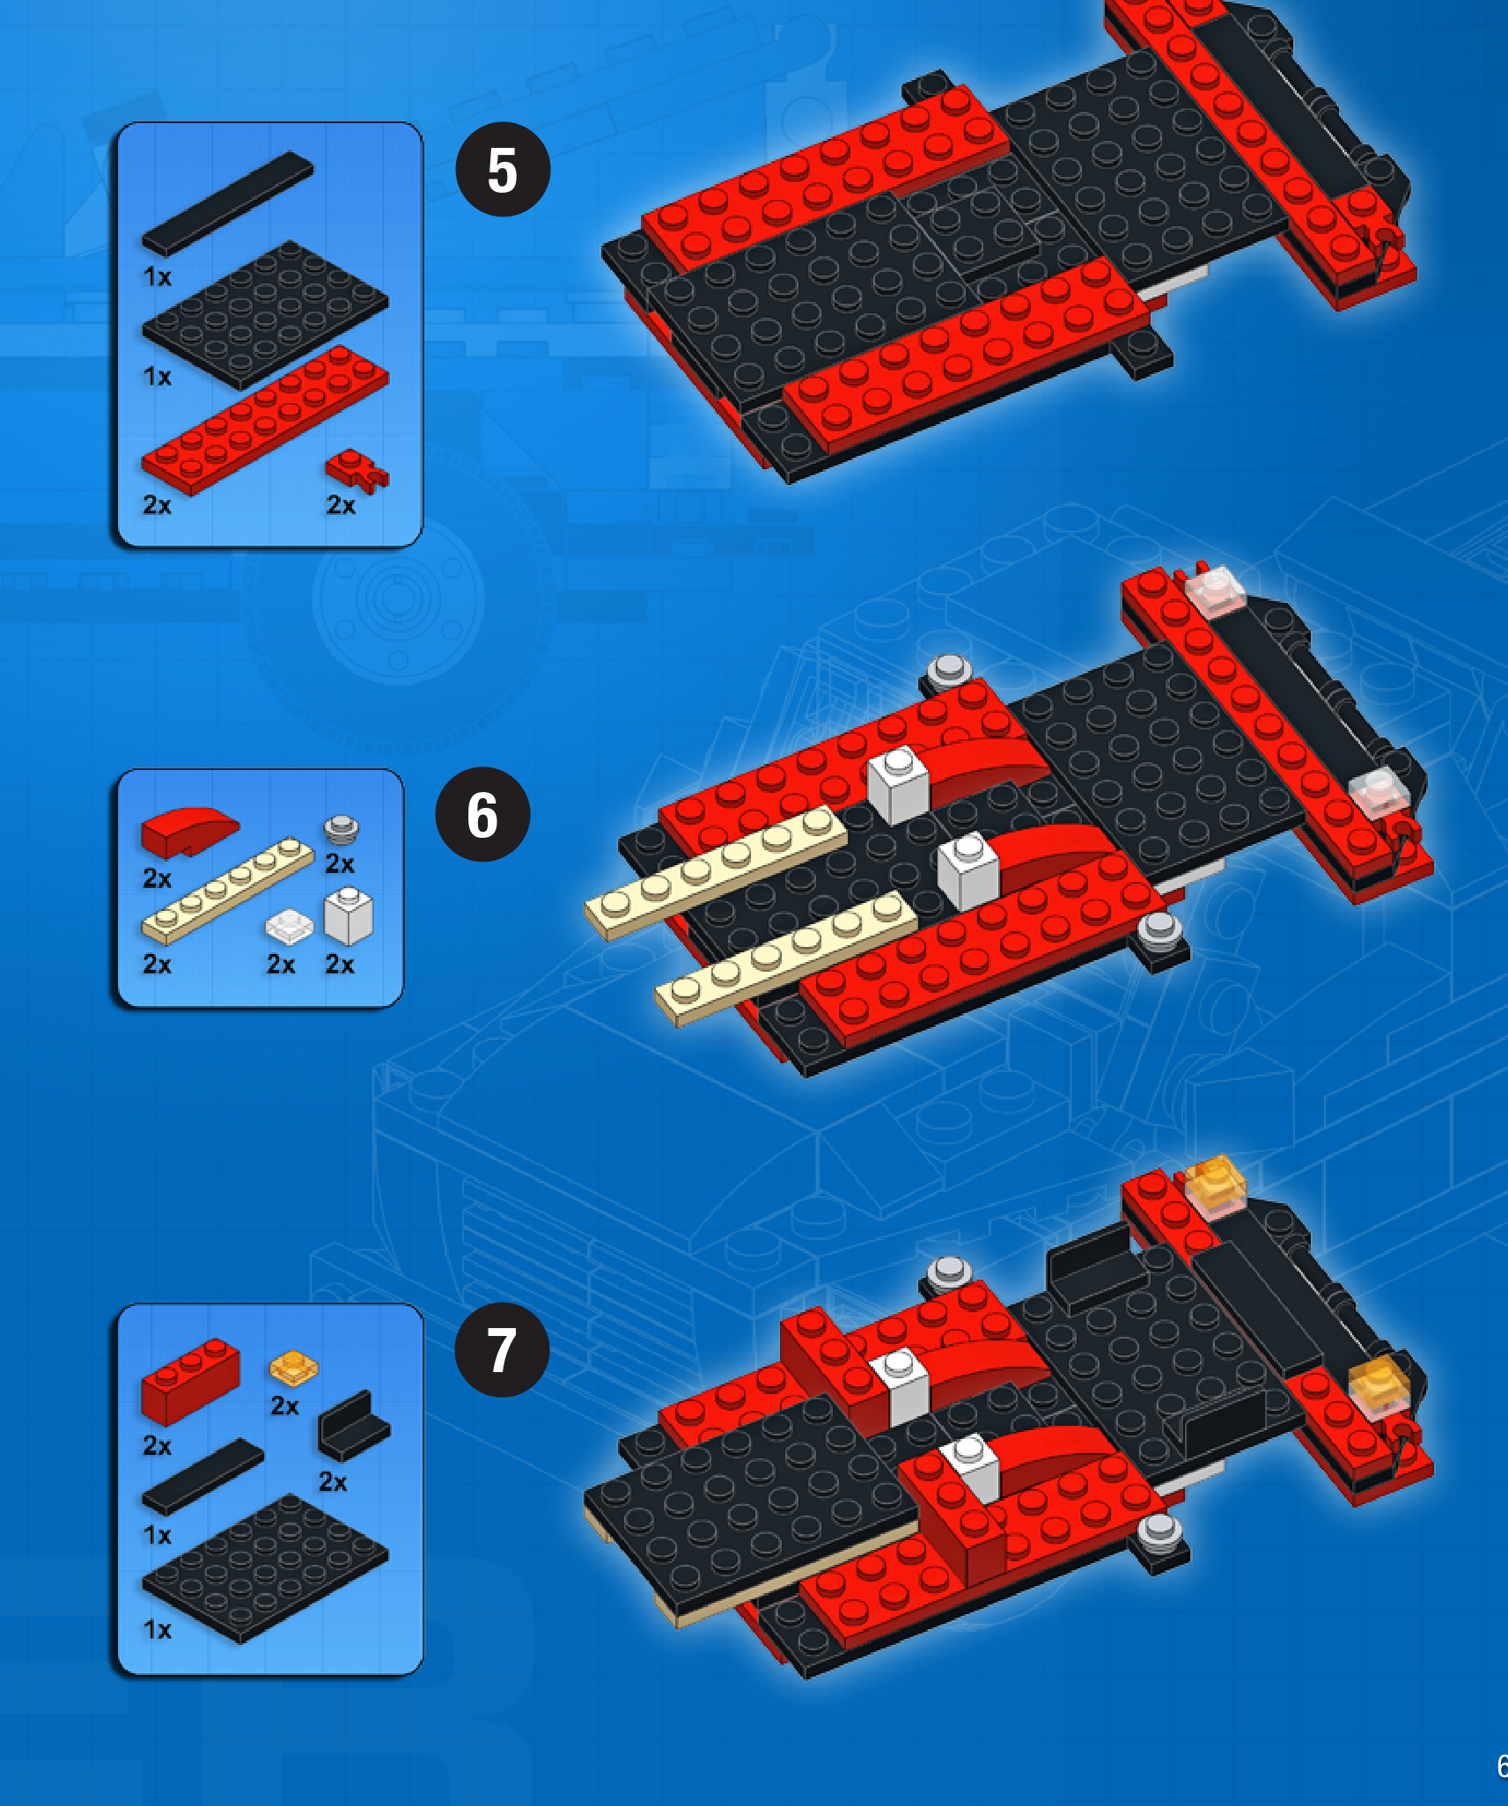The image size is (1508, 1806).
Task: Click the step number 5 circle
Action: click(503, 169)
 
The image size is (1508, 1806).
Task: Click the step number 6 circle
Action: click(482, 814)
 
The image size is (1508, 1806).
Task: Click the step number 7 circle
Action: click(502, 1349)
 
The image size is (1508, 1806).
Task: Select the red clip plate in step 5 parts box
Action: click(357, 469)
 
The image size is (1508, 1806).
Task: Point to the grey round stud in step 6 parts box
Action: click(342, 829)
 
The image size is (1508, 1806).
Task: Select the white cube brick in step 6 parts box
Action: click(349, 915)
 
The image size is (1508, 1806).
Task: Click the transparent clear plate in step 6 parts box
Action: click(289, 926)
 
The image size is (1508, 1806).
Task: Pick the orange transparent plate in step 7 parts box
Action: click(294, 1368)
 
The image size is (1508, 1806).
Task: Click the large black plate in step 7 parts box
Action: click(265, 1567)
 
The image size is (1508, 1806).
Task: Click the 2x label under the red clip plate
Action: click(341, 505)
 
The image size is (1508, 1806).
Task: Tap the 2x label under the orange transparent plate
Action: click(284, 1406)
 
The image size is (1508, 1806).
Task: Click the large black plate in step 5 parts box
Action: click(265, 314)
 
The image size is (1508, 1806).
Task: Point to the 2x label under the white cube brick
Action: click(340, 965)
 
